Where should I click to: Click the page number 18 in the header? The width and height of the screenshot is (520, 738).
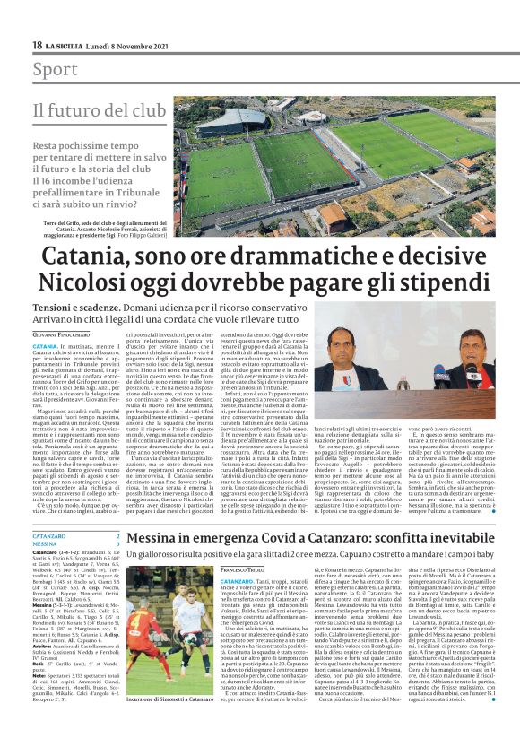pyautogui.click(x=38, y=45)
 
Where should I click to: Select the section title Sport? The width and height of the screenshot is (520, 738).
pyautogui.click(x=55, y=70)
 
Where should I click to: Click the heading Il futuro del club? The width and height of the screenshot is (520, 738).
pyautogui.click(x=100, y=110)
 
